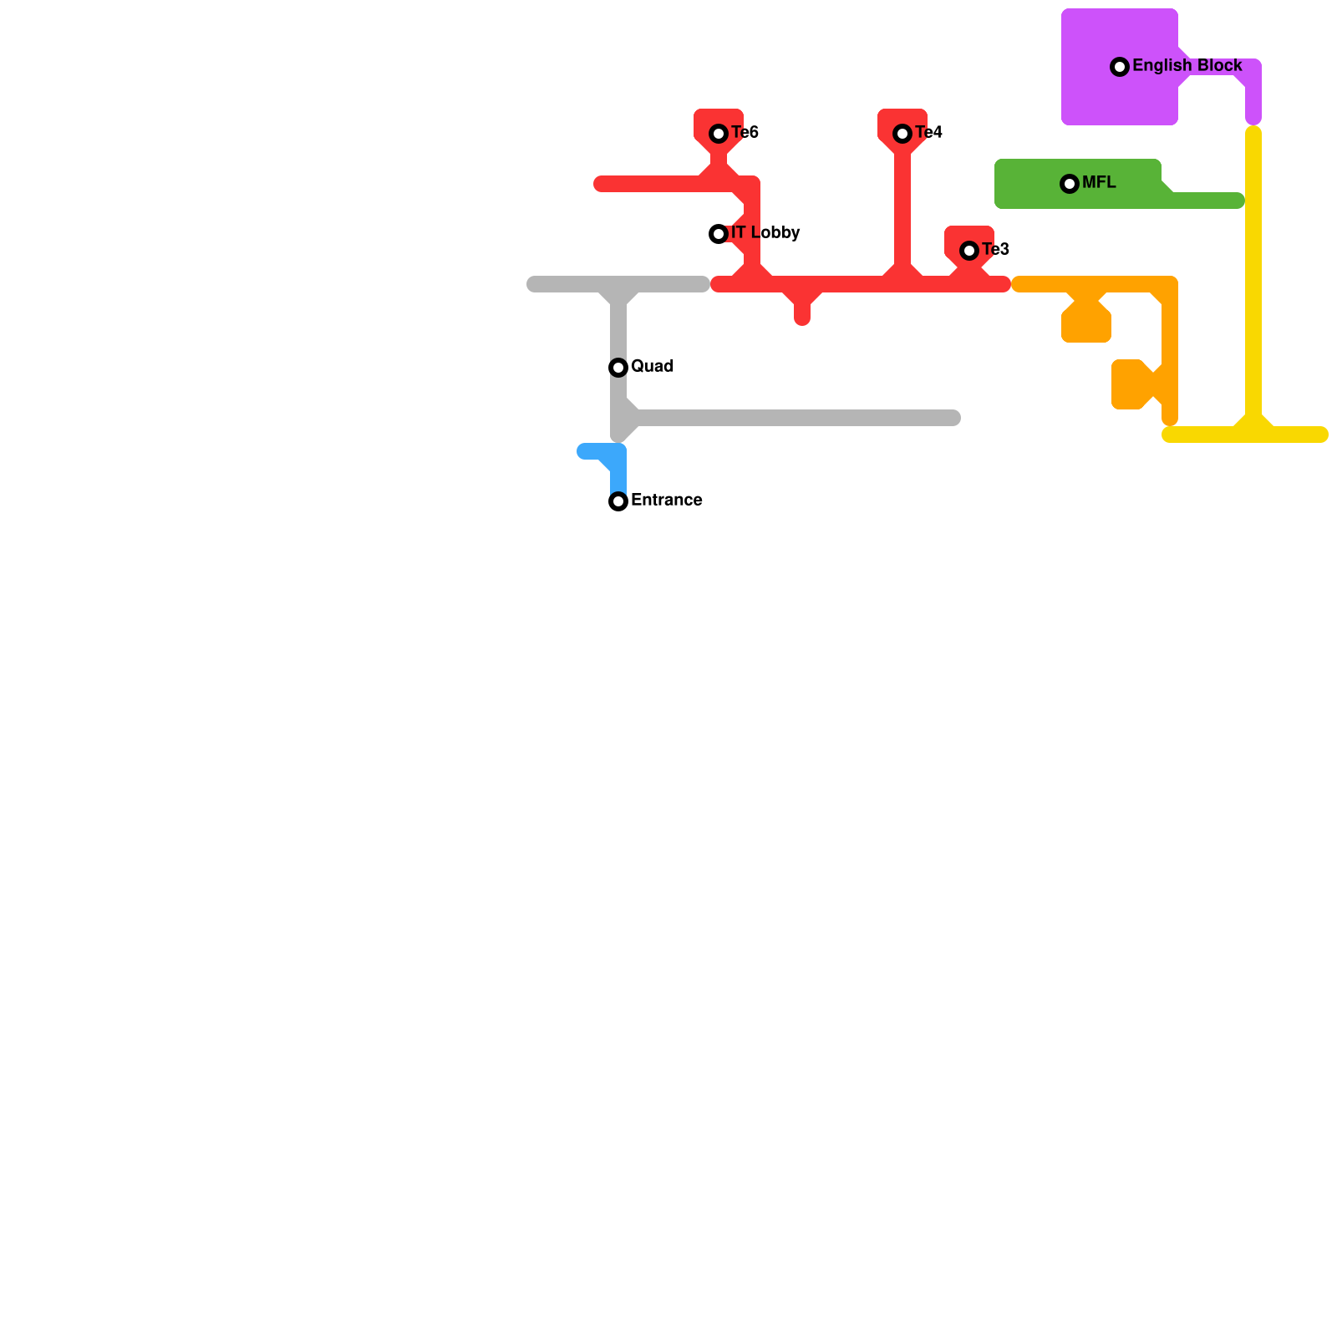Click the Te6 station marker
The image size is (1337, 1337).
tap(719, 134)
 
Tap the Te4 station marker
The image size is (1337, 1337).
tap(902, 134)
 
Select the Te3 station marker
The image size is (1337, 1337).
tap(969, 251)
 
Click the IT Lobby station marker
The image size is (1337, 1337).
tap(719, 234)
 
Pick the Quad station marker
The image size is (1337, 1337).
tap(618, 368)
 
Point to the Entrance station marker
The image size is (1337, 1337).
tap(618, 501)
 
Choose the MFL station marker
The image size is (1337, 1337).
tap(1070, 184)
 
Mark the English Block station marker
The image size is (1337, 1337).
tap(1120, 67)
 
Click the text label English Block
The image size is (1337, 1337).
tap(1187, 66)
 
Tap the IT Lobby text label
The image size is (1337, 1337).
tap(765, 233)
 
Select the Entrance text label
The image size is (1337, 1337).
tap(666, 501)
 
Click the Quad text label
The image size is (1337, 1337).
tap(652, 367)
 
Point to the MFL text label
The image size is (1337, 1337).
tap(1098, 183)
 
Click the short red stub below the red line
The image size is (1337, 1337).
tap(802, 313)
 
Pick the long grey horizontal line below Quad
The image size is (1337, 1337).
tap(794, 418)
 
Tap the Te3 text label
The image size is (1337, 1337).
tap(995, 250)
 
